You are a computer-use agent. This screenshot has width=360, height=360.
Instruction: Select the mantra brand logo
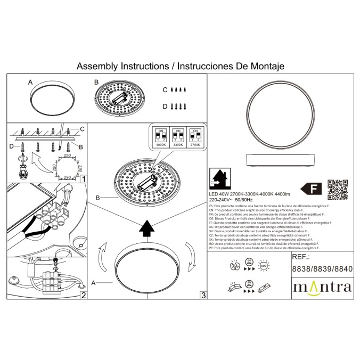coord(322,288)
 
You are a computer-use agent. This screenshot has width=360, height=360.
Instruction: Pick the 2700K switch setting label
coord(195,144)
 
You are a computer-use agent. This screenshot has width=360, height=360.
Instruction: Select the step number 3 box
coord(203,296)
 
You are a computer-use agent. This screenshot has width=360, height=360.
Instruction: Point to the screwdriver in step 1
coord(23,167)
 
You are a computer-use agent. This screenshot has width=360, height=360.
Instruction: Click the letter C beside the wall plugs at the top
coord(165,91)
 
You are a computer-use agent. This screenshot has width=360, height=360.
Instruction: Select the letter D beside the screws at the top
coord(165,107)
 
